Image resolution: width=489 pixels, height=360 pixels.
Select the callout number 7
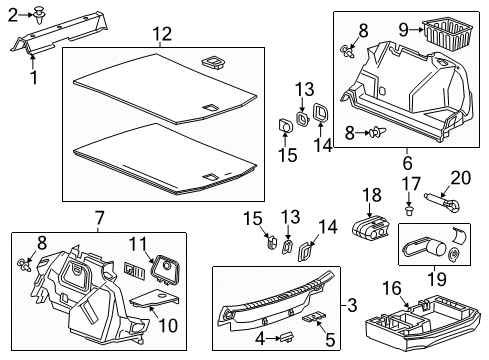click(99, 218)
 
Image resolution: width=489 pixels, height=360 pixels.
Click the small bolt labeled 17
click(410, 211)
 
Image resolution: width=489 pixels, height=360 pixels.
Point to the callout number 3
click(349, 304)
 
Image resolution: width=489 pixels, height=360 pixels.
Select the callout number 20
click(459, 177)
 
